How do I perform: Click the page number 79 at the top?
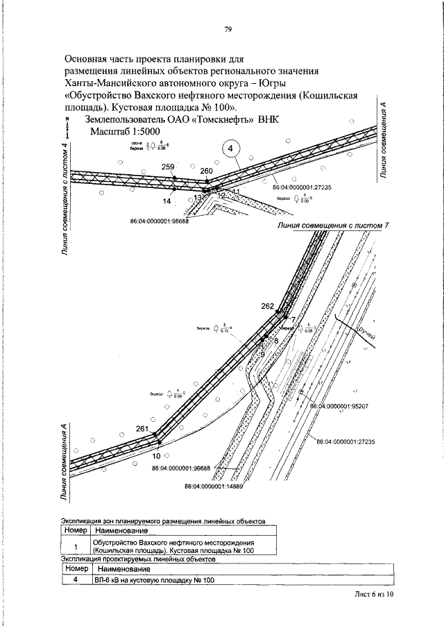(x=228, y=28)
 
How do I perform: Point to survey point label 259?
(x=167, y=167)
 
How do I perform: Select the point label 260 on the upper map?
(x=207, y=171)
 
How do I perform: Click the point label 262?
(x=268, y=306)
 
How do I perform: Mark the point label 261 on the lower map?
(x=142, y=429)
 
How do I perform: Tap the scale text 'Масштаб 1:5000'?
(x=123, y=131)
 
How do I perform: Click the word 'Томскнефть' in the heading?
(x=223, y=119)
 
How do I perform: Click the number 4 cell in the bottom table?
(x=74, y=582)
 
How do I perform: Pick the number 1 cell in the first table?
(x=74, y=546)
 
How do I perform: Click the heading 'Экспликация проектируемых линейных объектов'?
(x=138, y=559)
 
